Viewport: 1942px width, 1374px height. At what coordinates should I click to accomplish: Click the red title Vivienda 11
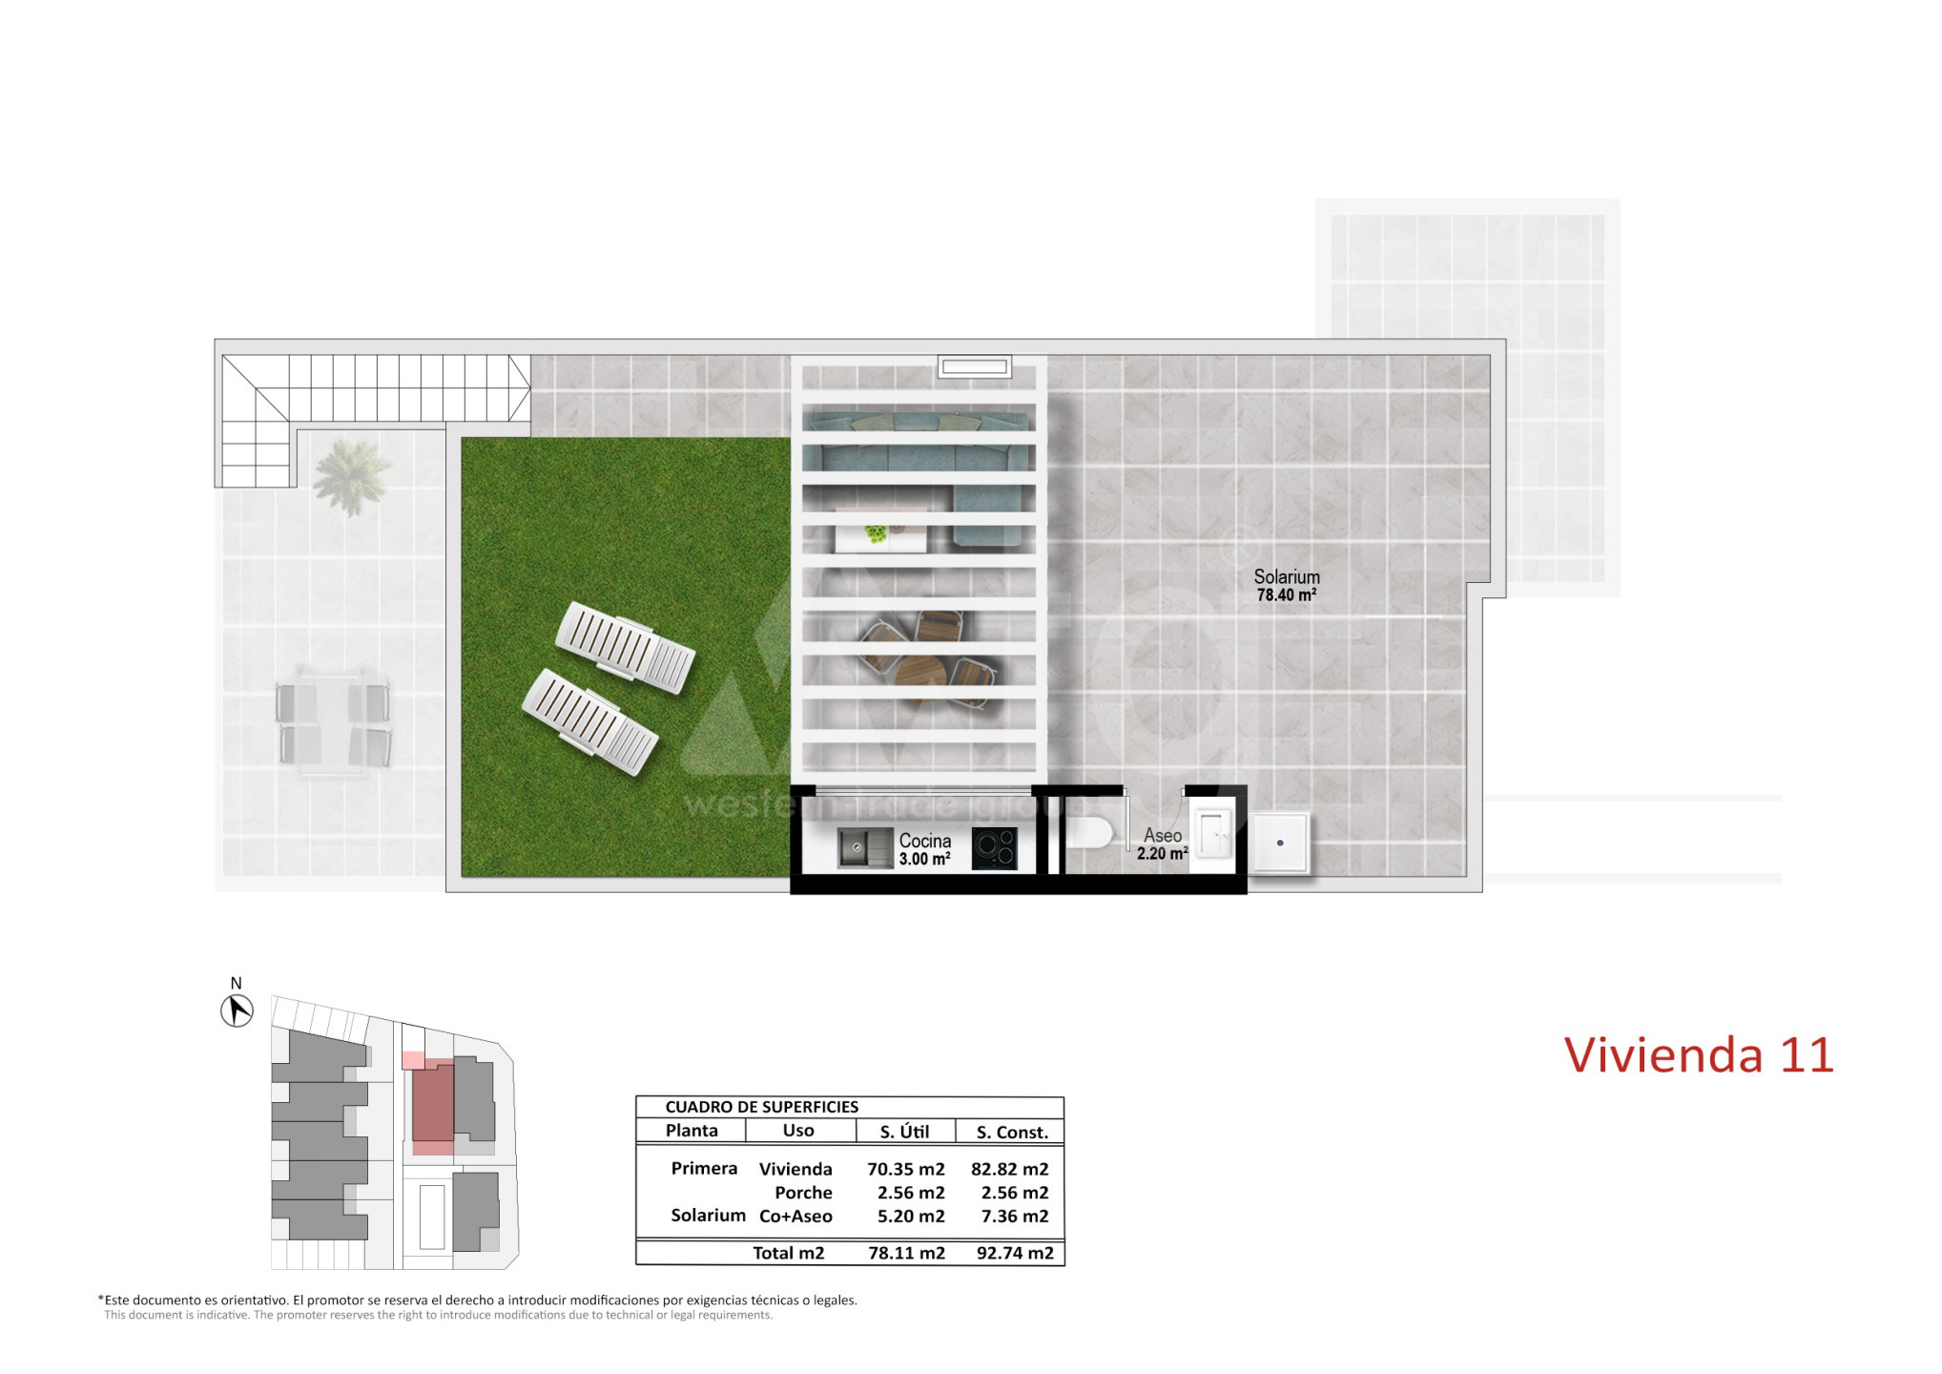point(1699,1054)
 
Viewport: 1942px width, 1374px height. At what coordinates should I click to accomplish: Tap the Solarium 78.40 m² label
point(1287,585)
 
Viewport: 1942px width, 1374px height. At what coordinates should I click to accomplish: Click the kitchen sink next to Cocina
point(865,847)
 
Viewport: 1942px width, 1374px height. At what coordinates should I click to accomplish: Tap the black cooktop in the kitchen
point(995,848)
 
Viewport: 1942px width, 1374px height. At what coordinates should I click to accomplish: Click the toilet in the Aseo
point(1087,834)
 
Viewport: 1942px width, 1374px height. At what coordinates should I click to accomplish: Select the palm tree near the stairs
point(352,475)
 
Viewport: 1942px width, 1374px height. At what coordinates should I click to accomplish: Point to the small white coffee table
point(880,531)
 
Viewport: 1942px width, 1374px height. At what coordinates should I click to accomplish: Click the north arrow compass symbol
point(237,1010)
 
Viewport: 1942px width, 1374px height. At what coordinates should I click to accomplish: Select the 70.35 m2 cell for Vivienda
point(905,1169)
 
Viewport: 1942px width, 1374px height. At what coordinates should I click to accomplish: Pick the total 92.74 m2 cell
point(1015,1253)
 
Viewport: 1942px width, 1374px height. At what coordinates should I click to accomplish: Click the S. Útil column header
point(904,1132)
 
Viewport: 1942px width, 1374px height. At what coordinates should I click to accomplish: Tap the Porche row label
point(803,1193)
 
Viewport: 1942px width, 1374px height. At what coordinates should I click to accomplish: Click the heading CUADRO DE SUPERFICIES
point(761,1107)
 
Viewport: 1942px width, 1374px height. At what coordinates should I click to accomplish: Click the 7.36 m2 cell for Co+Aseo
point(1014,1217)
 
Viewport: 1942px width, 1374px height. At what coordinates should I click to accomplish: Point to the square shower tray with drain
point(1279,842)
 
